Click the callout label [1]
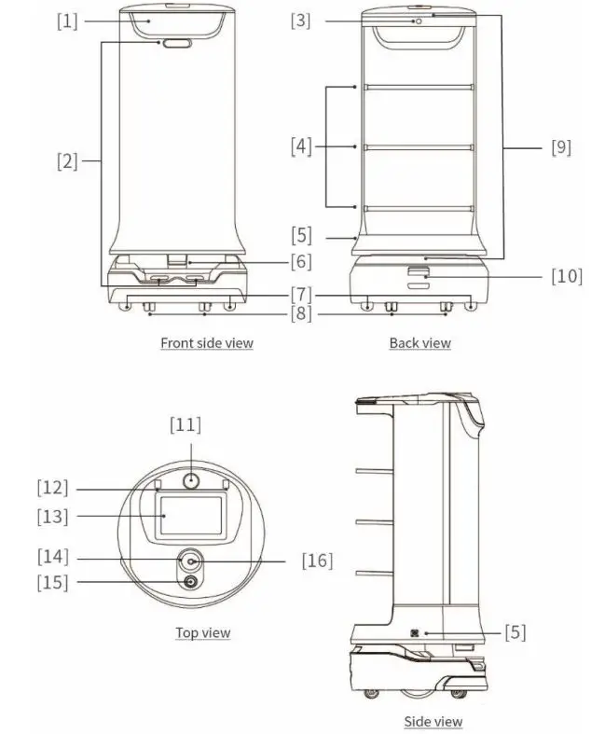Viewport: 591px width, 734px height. tap(67, 21)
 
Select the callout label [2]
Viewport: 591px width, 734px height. tap(67, 160)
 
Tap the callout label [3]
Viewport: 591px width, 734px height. tap(300, 21)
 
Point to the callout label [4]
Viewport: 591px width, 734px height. tap(300, 146)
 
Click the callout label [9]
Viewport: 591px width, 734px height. tap(560, 146)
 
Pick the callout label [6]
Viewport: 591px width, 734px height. tap(300, 261)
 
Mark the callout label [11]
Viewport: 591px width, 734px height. tap(185, 424)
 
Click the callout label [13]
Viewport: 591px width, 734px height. tap(53, 517)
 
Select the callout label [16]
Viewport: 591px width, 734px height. tap(317, 561)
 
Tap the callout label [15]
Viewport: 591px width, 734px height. tap(53, 583)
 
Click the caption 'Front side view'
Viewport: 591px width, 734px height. tap(206, 342)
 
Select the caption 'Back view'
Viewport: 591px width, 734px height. tap(419, 342)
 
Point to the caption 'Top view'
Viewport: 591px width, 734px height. tap(202, 632)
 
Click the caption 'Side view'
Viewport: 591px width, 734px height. tap(433, 721)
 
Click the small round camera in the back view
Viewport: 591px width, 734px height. tap(419, 21)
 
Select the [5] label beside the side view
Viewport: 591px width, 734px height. tap(515, 631)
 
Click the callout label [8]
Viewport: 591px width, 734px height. tap(300, 314)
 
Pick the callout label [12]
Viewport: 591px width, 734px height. tap(53, 487)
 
